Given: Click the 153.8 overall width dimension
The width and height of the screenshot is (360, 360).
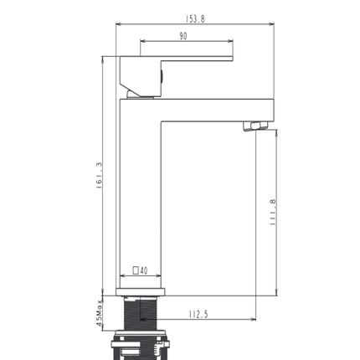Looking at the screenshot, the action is [x=195, y=19].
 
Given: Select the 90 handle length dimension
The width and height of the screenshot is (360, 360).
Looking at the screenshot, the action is [x=183, y=36].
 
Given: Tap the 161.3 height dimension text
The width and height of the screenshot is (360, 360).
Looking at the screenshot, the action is [x=100, y=176].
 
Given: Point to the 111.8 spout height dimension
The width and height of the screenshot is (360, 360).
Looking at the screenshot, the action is [x=273, y=212].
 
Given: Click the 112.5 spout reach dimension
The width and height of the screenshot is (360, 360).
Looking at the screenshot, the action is [x=198, y=315].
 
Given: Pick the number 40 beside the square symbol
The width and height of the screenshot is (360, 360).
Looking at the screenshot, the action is [x=144, y=270].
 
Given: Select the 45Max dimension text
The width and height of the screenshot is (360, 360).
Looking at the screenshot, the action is [x=99, y=313].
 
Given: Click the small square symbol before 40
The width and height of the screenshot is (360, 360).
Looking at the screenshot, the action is [x=136, y=270].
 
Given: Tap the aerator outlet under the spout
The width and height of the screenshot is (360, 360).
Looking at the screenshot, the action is [x=255, y=126].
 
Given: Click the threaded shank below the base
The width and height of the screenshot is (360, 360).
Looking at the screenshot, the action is [x=141, y=313].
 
